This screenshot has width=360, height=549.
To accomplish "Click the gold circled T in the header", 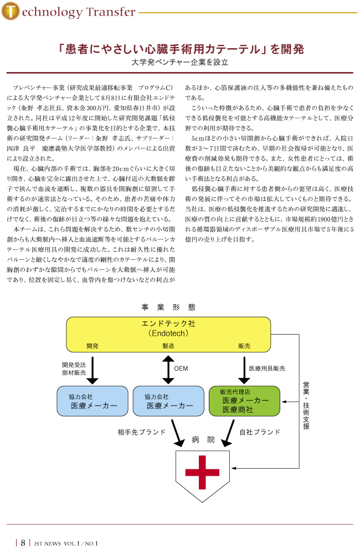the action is [11, 11].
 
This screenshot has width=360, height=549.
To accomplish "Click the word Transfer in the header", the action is [110, 12].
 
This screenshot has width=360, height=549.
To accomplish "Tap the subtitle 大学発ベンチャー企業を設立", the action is [179, 62].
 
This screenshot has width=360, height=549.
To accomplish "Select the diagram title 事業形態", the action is [168, 307].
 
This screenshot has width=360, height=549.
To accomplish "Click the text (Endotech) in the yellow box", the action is [168, 333].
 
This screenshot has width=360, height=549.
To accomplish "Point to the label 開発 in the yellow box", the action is [92, 346].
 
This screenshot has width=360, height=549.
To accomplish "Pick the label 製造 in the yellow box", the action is [168, 346].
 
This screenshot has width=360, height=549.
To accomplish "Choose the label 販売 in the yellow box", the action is [244, 346].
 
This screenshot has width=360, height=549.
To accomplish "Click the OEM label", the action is [181, 368].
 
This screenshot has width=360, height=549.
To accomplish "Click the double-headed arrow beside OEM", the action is [168, 370].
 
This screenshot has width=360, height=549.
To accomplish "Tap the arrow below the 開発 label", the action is [92, 370].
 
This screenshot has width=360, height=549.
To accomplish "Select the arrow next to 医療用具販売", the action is [244, 370].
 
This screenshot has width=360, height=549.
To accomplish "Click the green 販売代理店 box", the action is [244, 401].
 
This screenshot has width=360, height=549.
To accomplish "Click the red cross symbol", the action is [202, 473].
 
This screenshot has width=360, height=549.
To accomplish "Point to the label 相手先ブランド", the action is [141, 432].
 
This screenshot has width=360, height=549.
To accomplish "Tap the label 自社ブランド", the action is [260, 432].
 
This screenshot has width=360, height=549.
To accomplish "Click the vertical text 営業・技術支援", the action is [306, 406].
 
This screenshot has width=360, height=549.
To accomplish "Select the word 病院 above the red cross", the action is [203, 440].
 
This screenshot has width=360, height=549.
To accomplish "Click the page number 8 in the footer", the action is [23, 543].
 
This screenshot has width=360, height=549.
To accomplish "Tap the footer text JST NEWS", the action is [47, 543].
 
